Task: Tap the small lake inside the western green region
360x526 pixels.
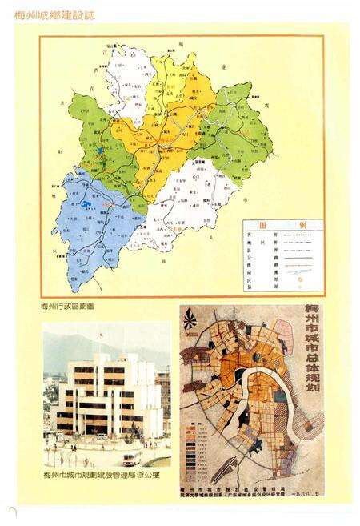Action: point(98,150)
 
